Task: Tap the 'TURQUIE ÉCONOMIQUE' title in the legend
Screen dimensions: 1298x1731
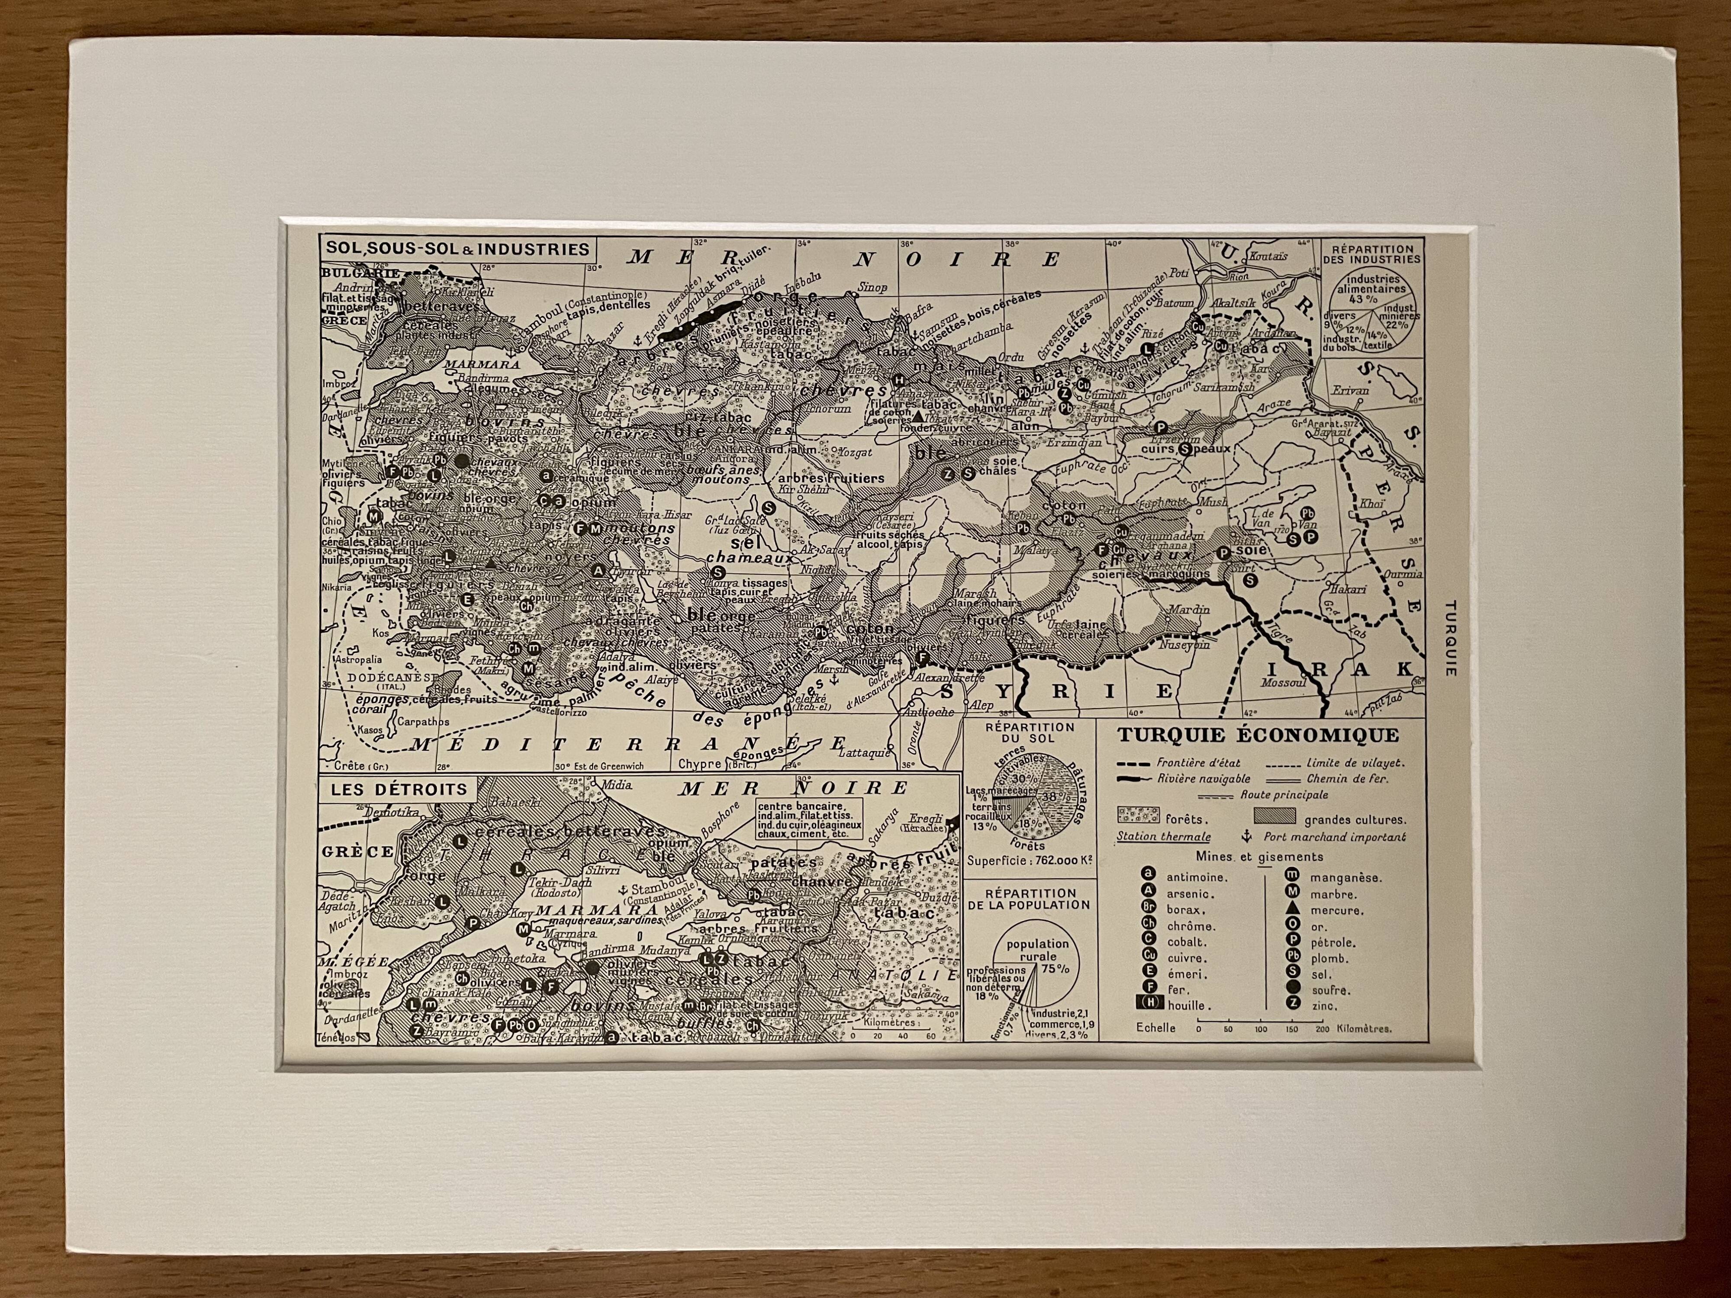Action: (x=1258, y=736)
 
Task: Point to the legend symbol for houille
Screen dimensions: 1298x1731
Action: (x=1149, y=1006)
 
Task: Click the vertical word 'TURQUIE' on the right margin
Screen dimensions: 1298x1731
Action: (x=1450, y=638)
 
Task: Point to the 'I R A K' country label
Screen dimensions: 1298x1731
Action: (x=1339, y=669)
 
